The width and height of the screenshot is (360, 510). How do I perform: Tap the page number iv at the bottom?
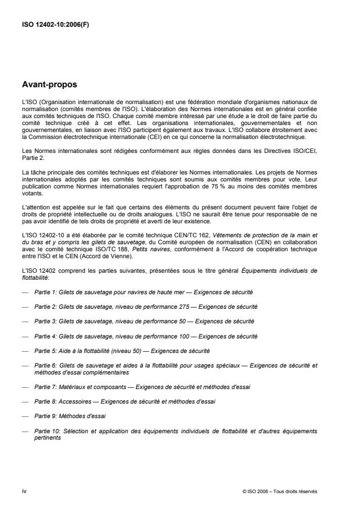pyautogui.click(x=24, y=491)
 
